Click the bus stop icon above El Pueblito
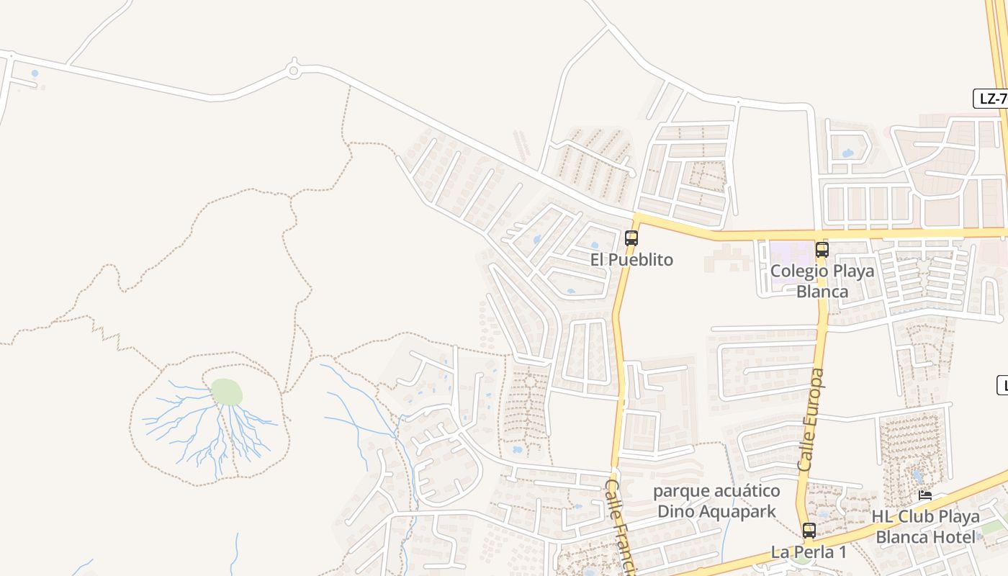tap(631, 238)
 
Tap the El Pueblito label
tap(631, 260)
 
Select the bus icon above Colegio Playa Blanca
tap(822, 250)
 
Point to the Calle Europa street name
tap(811, 420)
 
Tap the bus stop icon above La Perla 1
tap(809, 531)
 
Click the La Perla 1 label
tap(809, 552)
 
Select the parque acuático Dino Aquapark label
tap(716, 501)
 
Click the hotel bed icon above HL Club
tap(925, 495)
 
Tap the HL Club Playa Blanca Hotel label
tap(925, 526)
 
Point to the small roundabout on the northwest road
tap(293, 70)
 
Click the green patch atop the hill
tap(226, 392)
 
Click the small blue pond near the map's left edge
tap(35, 73)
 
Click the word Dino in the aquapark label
tap(675, 511)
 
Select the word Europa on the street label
tap(813, 403)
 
